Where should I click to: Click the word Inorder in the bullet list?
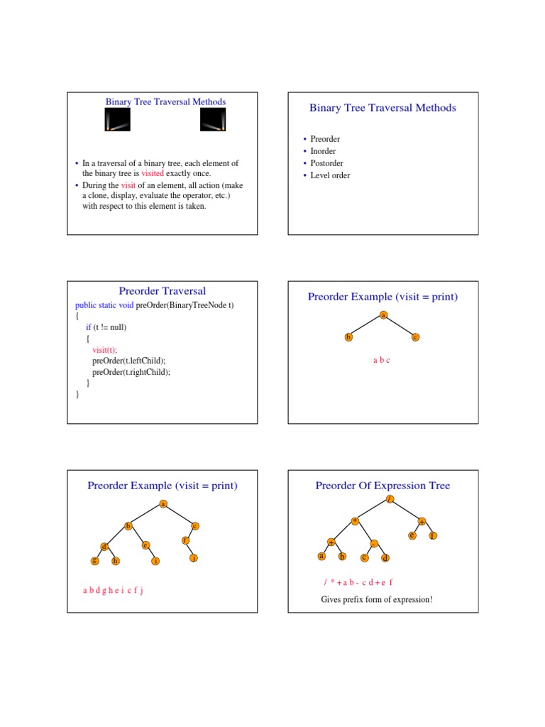(x=323, y=151)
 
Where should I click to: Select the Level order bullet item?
(x=330, y=175)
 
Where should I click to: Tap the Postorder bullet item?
(x=326, y=163)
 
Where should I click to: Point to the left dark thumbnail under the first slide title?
(x=117, y=122)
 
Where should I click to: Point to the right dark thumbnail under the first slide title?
(x=213, y=122)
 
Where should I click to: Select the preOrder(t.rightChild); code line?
(x=131, y=371)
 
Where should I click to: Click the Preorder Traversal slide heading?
(x=163, y=291)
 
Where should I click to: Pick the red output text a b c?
(x=382, y=361)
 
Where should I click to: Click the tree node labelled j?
(x=193, y=558)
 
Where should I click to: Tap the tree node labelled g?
(x=94, y=561)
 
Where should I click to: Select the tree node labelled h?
(x=115, y=561)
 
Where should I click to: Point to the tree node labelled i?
(x=155, y=561)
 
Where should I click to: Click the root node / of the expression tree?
(x=390, y=499)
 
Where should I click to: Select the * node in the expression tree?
(x=355, y=521)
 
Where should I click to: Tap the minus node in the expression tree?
(x=375, y=543)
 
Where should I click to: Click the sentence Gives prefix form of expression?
(x=376, y=600)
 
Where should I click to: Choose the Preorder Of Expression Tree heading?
(x=382, y=486)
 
